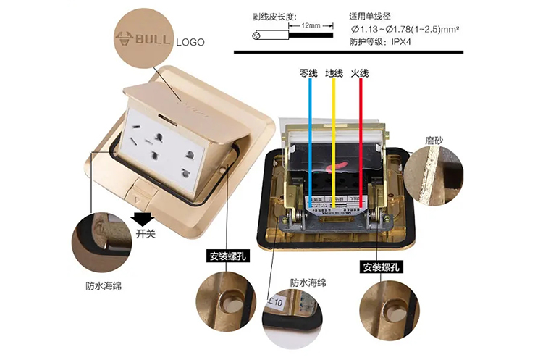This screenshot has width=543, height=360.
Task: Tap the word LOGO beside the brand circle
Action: pos(190,42)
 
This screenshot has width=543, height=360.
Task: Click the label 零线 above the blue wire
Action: pos(309,74)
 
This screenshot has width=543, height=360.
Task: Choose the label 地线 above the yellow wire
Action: pos(334,74)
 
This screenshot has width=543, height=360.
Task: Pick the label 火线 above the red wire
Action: pos(360,74)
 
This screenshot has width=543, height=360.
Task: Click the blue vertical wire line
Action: pos(310,138)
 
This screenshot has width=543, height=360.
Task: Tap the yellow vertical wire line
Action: pos(334,138)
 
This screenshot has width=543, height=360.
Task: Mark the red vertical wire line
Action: pos(360,138)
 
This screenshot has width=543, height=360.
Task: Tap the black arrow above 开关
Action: pos(141,219)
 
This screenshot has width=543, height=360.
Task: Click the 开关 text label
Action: pos(146,233)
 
